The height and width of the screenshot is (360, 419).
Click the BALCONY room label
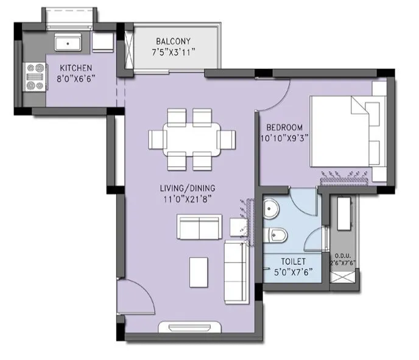[x=173, y=41]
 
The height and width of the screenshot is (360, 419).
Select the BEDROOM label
[x=284, y=127]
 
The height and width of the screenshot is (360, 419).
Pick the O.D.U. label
[x=343, y=256]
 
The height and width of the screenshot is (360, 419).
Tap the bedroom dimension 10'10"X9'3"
[x=284, y=138]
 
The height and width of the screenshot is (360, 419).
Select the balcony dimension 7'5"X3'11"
[x=173, y=52]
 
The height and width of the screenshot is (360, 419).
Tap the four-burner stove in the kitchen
[x=34, y=77]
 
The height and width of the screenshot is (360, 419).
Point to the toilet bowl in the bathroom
[x=277, y=234]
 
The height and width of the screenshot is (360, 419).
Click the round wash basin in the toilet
[x=272, y=208]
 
